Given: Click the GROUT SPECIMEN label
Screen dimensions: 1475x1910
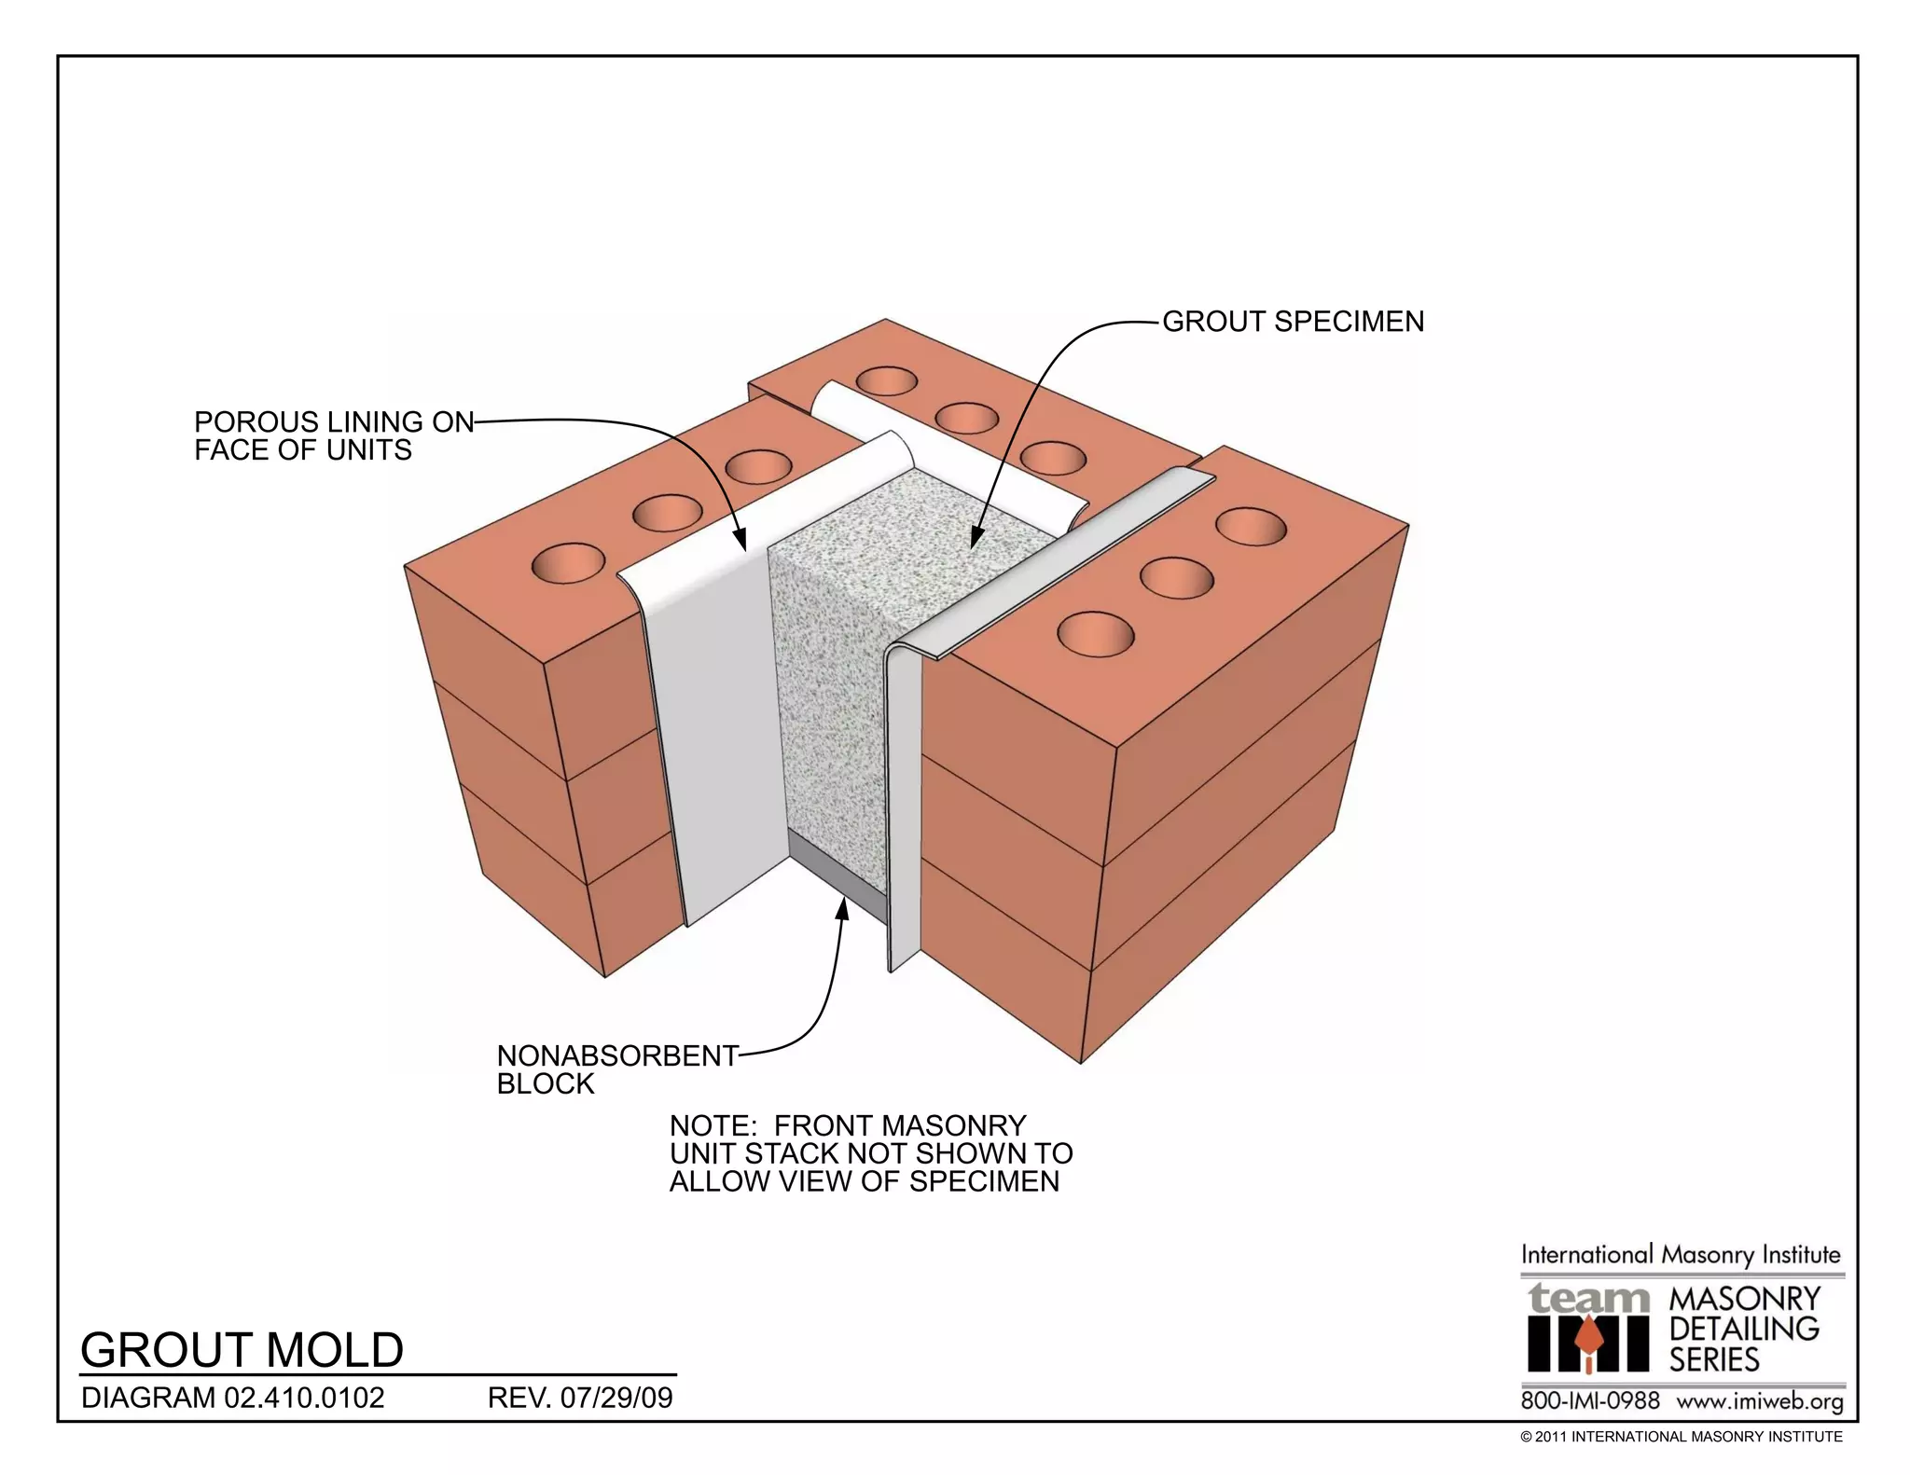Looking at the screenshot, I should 1293,322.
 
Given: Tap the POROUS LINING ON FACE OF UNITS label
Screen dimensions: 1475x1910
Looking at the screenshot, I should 333,435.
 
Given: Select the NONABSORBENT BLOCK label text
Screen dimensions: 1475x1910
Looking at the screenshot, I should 616,1069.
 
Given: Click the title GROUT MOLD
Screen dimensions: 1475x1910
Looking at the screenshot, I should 242,1349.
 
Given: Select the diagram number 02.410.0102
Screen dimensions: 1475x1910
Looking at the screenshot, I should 304,1398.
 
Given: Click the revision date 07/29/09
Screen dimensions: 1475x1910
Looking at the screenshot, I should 616,1398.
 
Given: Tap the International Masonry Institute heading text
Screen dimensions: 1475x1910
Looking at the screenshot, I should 1681,1255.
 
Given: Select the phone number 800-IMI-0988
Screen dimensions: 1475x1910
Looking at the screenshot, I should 1590,1400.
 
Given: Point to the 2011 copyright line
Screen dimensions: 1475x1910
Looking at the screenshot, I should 1681,1437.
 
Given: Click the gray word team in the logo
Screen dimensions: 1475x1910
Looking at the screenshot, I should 1587,1298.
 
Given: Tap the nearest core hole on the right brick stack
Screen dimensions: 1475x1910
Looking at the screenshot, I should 1096,634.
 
